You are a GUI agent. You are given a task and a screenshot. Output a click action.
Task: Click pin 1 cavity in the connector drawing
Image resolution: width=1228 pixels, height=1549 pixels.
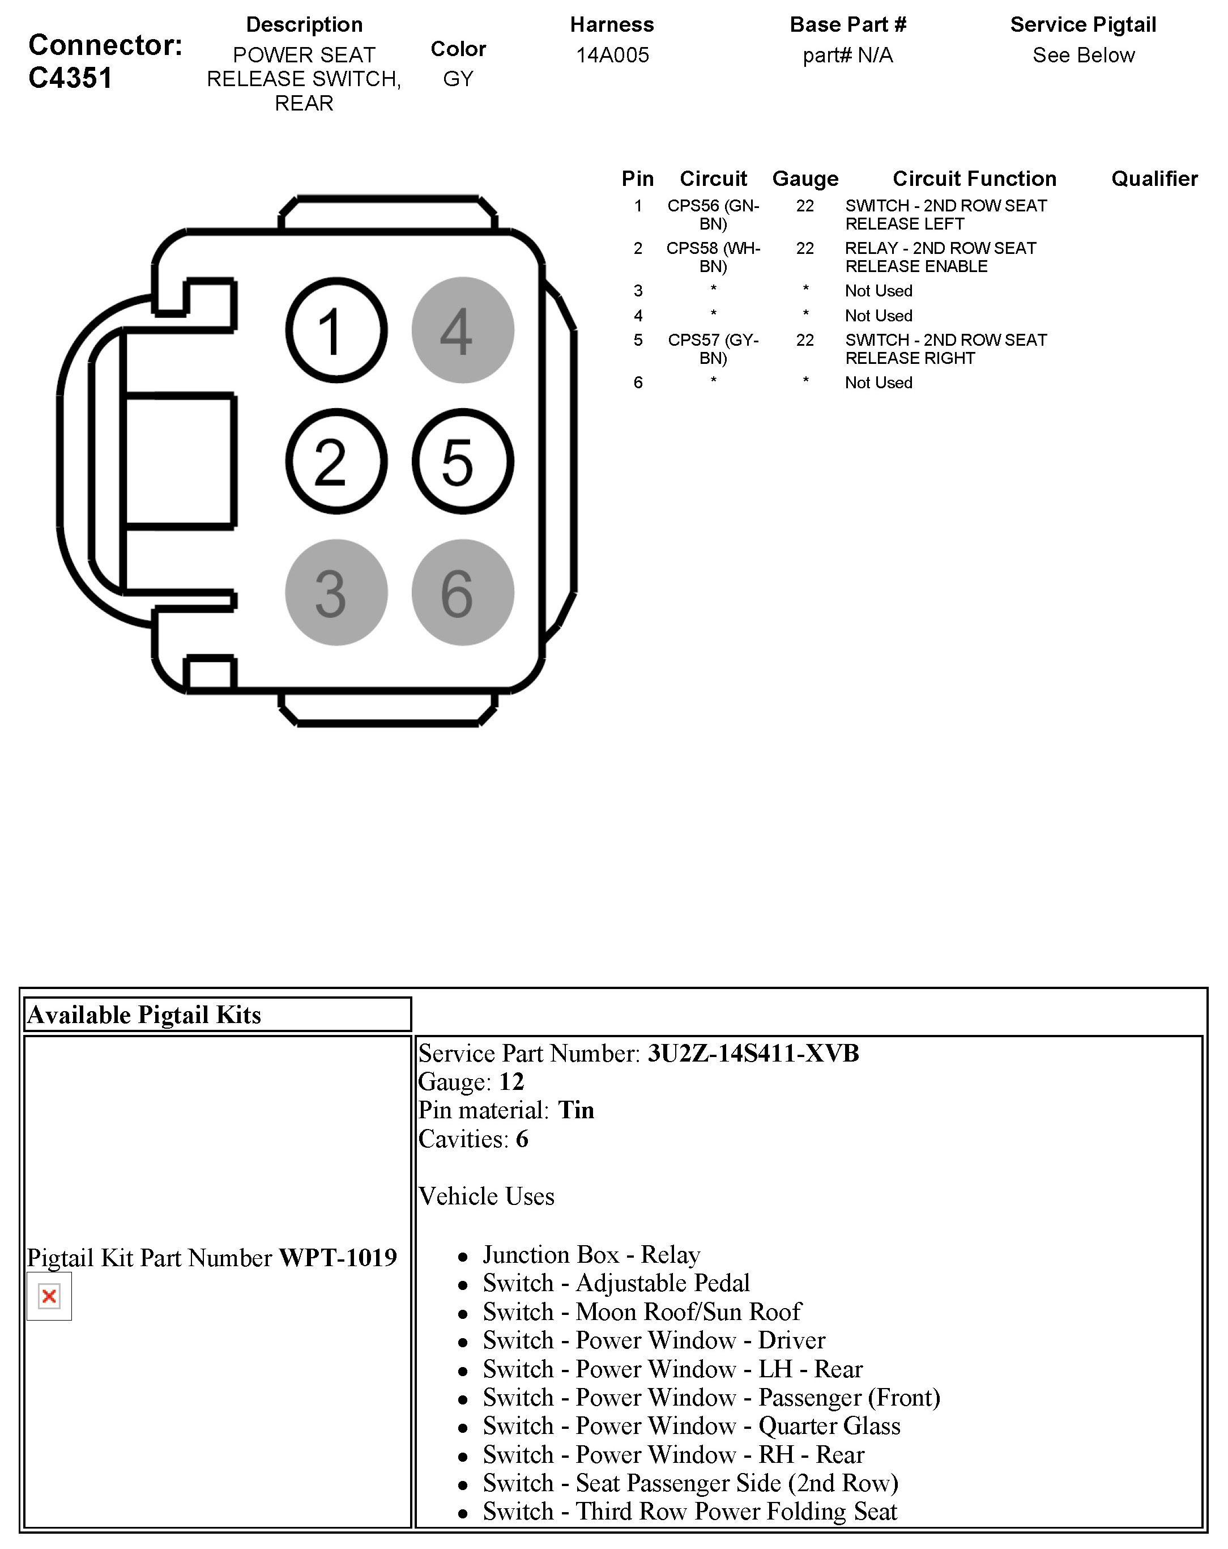click(336, 330)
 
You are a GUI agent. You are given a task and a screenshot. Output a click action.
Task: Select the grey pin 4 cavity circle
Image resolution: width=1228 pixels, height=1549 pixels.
click(462, 330)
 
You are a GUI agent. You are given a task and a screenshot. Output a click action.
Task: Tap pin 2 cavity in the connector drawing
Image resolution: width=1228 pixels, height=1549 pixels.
click(336, 461)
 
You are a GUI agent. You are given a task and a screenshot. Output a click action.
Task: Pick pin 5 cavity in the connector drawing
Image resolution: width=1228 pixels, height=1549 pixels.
click(462, 461)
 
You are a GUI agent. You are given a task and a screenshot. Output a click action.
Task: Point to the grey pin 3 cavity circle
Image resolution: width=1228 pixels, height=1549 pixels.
click(336, 593)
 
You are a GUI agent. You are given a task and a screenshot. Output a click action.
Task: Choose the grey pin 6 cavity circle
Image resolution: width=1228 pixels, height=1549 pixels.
click(462, 593)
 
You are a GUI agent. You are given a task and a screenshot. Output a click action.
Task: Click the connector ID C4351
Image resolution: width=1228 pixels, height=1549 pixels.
click(70, 78)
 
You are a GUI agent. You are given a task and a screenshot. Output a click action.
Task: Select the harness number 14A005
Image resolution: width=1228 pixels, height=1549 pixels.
click(612, 56)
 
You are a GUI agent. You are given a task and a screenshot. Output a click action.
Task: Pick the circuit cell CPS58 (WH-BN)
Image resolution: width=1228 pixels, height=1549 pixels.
click(713, 257)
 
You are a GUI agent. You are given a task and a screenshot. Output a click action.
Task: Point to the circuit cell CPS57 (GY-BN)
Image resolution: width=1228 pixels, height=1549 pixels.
click(713, 349)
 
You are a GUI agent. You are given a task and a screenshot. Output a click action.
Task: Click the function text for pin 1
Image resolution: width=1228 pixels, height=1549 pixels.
click(945, 214)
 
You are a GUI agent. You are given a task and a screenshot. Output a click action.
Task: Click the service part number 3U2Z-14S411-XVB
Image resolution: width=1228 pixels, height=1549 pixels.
click(753, 1053)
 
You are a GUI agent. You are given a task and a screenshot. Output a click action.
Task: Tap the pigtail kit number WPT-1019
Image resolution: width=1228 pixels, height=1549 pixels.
click(338, 1257)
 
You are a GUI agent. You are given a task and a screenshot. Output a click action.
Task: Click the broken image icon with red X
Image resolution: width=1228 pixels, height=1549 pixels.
click(49, 1296)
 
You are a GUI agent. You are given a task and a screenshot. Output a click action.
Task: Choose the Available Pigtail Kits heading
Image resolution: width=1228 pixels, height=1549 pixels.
click(144, 1015)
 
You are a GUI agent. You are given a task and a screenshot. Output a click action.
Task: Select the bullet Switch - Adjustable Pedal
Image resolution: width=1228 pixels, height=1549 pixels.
click(616, 1283)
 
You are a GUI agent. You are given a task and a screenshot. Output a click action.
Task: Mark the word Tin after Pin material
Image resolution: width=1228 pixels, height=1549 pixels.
click(576, 1110)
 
